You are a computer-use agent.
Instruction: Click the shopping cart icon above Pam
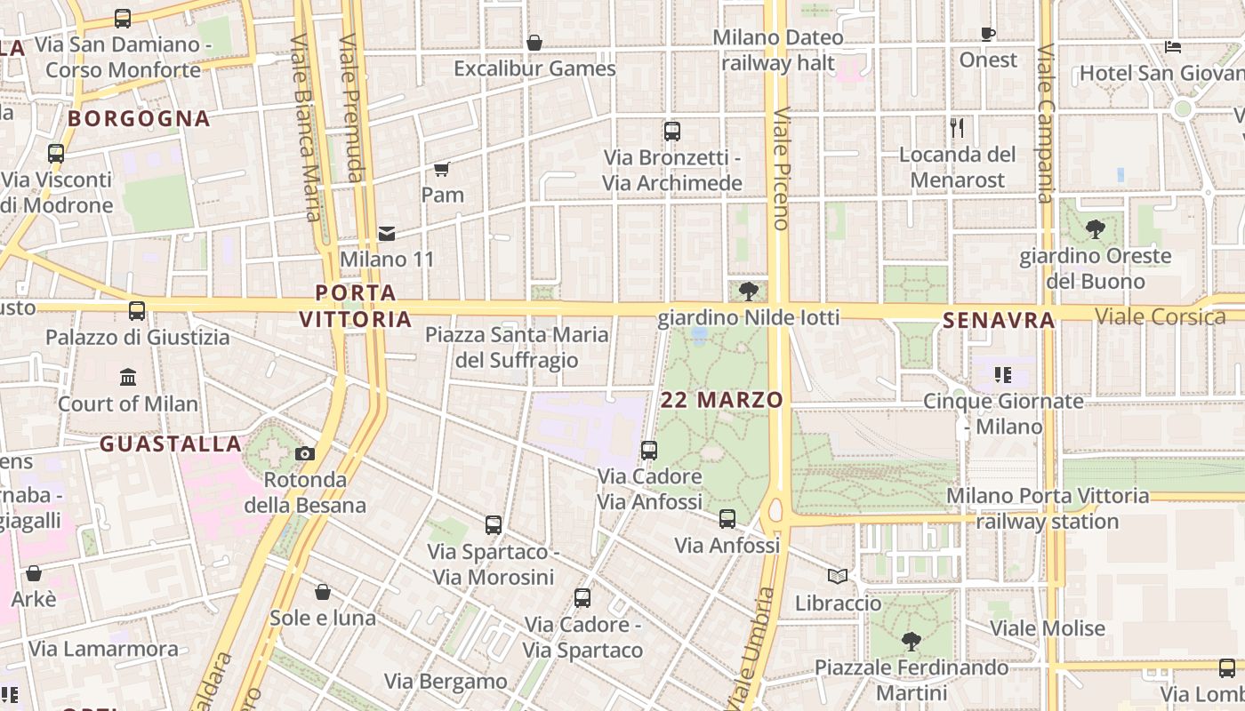pos(441,169)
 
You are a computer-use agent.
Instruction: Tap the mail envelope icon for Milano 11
pos(387,234)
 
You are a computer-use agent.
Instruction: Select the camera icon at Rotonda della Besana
pos(305,454)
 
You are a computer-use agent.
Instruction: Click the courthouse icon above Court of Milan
pos(128,377)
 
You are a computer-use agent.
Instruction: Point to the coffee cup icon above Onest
pos(987,35)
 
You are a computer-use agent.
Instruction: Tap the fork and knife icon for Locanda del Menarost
pos(957,128)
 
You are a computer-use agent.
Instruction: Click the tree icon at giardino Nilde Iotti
pos(749,291)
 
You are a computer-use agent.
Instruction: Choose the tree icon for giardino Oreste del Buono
pos(1096,229)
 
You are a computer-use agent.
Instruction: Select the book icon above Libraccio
pos(838,577)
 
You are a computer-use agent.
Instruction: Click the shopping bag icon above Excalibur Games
pos(534,43)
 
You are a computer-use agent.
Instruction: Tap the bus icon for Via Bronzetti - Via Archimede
pos(672,132)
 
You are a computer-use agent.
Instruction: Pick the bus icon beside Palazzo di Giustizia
pos(137,311)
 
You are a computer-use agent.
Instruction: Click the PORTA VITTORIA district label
pos(356,306)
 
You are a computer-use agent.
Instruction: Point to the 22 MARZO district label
pos(722,400)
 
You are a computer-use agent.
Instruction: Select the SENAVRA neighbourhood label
pos(999,320)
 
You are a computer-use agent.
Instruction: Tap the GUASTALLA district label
pos(170,443)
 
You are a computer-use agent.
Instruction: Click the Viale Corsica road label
pos(1160,316)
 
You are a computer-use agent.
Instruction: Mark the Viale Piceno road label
pos(782,169)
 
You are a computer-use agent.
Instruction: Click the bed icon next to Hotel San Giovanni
pos(1173,47)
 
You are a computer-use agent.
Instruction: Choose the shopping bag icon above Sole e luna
pos(323,592)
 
